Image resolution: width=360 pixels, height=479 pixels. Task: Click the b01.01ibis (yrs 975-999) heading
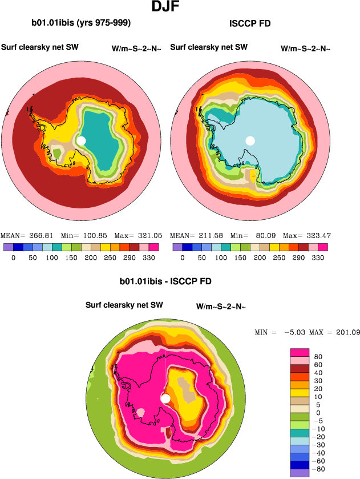click(x=82, y=23)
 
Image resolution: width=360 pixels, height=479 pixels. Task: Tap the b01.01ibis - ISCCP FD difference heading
click(x=165, y=281)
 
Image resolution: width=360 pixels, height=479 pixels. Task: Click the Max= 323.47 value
click(x=307, y=235)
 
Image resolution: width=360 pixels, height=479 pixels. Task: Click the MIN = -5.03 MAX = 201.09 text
click(x=307, y=332)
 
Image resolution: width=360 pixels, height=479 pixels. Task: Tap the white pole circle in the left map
click(x=81, y=140)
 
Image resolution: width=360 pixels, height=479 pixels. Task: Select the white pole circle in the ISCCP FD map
click(x=250, y=140)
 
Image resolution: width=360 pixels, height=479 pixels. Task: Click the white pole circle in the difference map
click(x=166, y=399)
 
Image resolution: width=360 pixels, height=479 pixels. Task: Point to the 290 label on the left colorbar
click(x=132, y=257)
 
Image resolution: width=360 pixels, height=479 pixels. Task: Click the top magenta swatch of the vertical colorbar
click(x=300, y=352)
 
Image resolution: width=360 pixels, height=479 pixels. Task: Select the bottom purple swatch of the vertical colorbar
click(x=300, y=473)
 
